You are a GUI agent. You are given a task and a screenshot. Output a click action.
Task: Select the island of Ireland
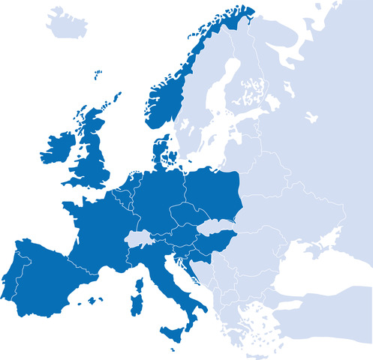(x=59, y=148)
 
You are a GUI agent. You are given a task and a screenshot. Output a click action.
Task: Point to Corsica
(x=140, y=283)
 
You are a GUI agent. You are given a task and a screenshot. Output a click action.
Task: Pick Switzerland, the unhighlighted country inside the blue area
(x=140, y=239)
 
